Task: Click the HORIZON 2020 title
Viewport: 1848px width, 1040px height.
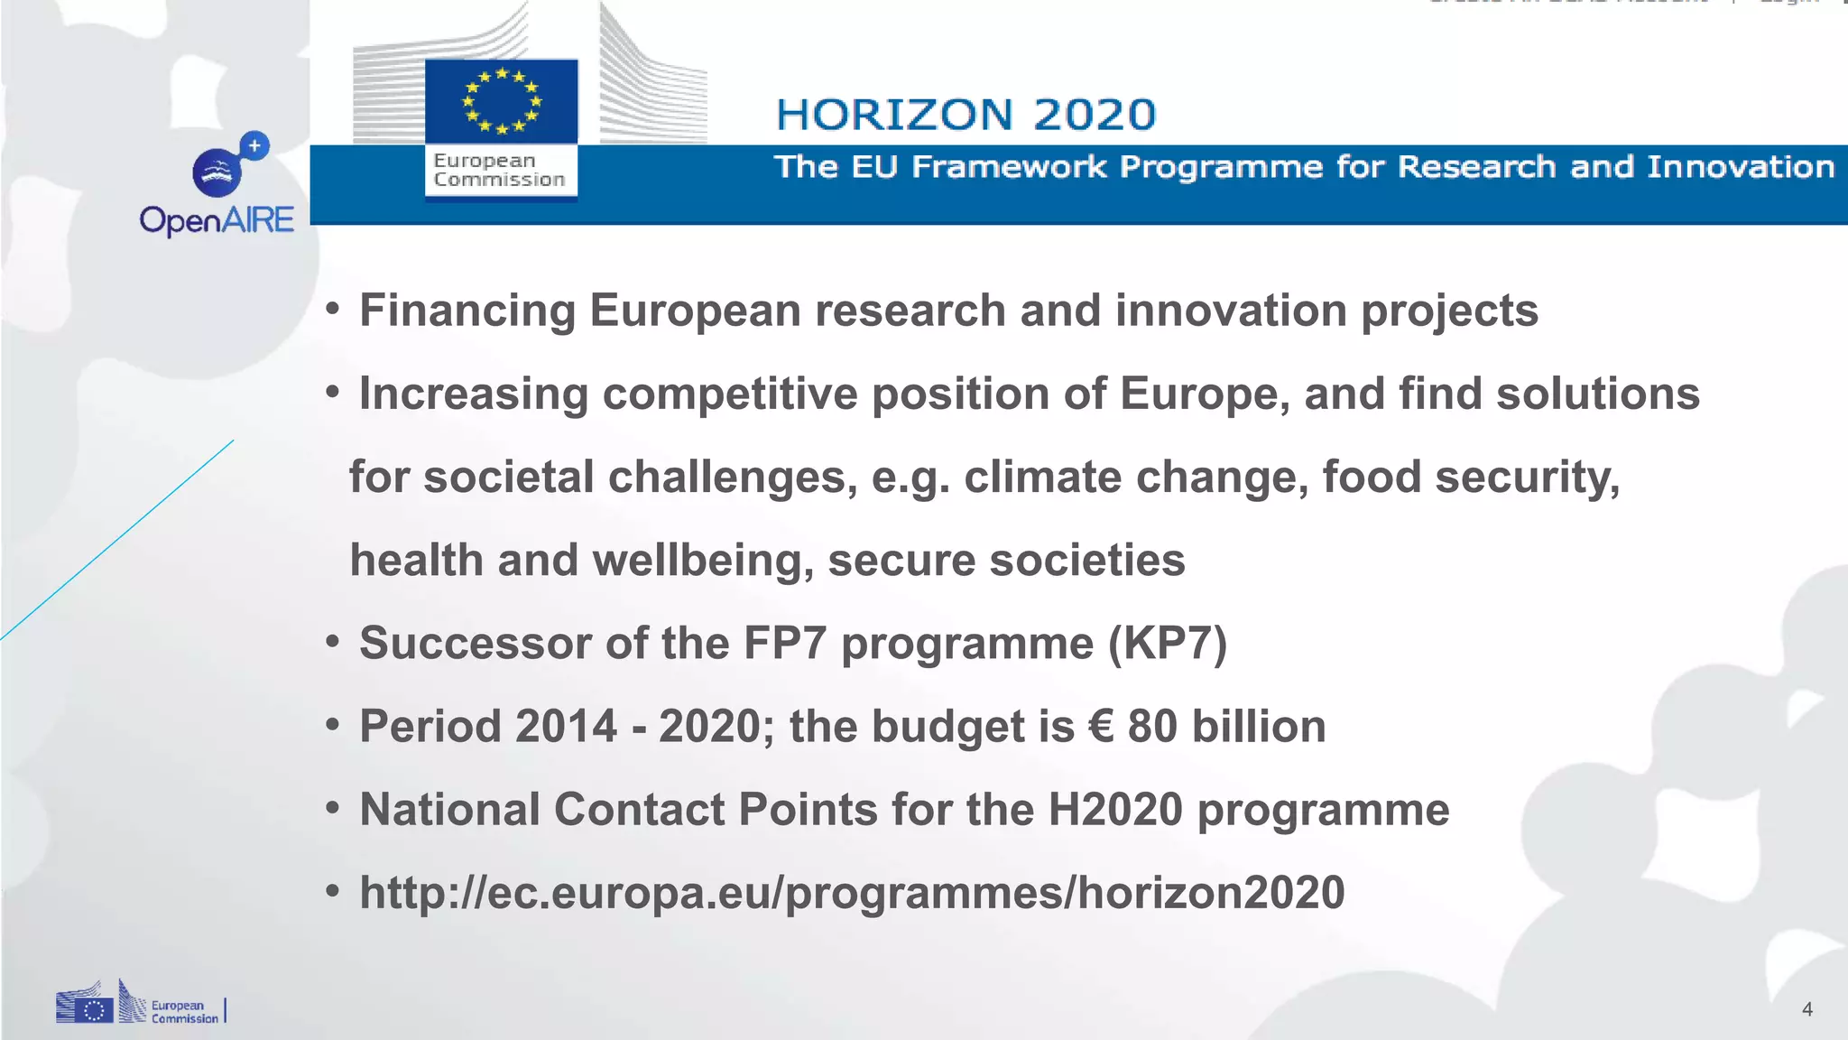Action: tap(966, 115)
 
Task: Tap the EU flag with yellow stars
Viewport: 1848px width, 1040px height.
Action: tap(501, 101)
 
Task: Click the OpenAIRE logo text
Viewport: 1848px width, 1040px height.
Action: tap(217, 220)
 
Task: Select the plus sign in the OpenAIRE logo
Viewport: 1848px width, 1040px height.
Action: tap(255, 145)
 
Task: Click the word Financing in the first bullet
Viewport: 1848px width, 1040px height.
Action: tap(467, 311)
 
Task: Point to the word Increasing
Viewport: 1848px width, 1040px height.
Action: tap(473, 395)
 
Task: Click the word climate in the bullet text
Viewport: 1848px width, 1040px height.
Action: tap(1042, 477)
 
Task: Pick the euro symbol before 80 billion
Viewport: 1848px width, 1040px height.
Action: tap(1101, 727)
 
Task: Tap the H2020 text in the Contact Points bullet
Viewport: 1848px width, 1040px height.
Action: tap(1114, 810)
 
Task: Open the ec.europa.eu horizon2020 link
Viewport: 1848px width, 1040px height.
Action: tap(852, 893)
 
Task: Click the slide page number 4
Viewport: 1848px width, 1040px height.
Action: tap(1806, 1009)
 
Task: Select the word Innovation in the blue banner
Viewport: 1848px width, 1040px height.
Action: tap(1741, 167)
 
